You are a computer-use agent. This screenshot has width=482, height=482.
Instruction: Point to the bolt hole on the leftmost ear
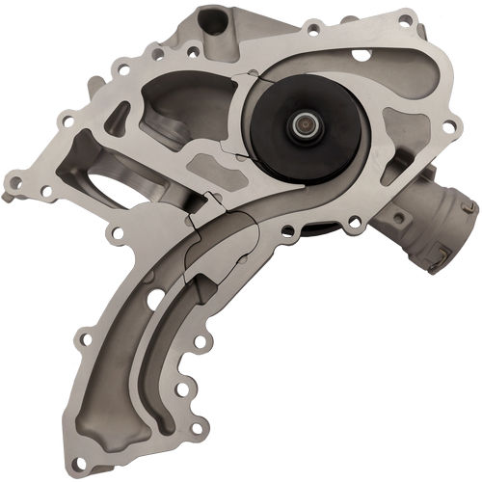coord(13,179)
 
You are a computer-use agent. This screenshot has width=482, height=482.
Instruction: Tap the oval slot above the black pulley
coord(360,54)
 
